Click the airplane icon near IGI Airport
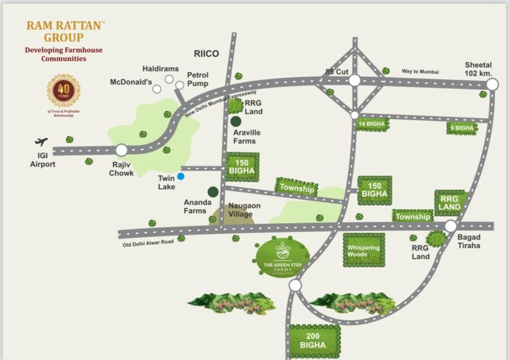point(42,142)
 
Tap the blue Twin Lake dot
point(181,176)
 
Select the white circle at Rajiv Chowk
point(121,150)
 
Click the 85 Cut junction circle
point(354,81)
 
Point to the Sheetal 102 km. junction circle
point(492,85)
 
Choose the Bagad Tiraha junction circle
point(450,226)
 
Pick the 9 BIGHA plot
point(462,128)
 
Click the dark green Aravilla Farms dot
point(236,121)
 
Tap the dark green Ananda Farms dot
point(213,191)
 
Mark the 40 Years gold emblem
point(64,90)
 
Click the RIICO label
point(206,54)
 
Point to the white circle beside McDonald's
point(157,89)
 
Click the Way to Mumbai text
point(421,72)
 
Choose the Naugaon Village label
point(244,210)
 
